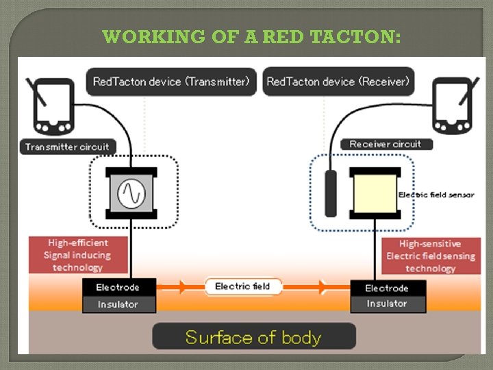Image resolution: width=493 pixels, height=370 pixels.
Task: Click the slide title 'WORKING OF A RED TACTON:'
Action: (x=251, y=36)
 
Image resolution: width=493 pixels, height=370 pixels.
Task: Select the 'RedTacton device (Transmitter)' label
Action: (x=171, y=82)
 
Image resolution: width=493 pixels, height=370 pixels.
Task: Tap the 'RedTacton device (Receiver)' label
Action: (x=338, y=82)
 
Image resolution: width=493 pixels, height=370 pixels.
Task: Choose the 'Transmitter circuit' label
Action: (x=67, y=147)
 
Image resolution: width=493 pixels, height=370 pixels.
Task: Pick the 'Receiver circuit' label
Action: (x=385, y=144)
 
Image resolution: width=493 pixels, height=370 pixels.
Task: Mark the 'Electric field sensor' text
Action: (x=436, y=195)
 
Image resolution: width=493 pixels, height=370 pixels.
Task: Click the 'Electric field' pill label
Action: (x=243, y=286)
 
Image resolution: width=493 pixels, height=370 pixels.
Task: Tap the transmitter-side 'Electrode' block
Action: (x=118, y=287)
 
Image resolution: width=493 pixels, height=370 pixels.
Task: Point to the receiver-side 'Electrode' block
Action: (x=387, y=288)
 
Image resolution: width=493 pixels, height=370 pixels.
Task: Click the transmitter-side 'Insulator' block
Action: (x=118, y=304)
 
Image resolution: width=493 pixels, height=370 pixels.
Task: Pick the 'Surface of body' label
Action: (x=253, y=337)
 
